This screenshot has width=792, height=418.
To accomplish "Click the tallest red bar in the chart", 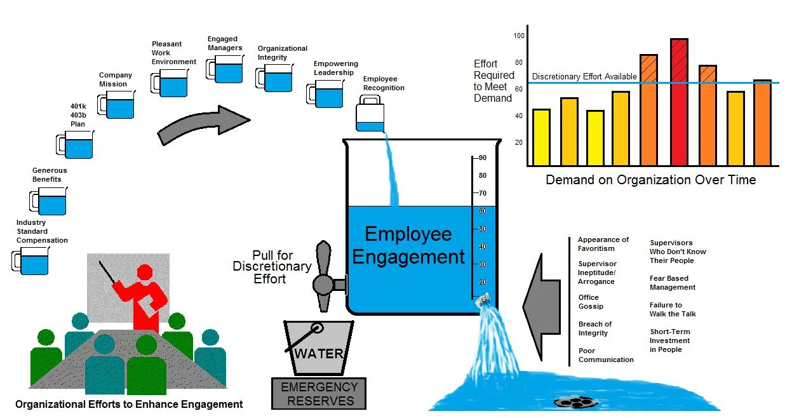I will point(679,102).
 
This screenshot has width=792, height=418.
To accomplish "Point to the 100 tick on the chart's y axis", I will point(519,36).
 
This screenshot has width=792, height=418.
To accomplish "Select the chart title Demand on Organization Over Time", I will point(650,180).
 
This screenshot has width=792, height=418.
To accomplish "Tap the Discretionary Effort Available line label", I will point(584,77).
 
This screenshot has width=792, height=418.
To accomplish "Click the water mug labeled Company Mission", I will point(118,105).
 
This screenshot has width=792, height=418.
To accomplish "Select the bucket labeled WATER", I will point(317,348).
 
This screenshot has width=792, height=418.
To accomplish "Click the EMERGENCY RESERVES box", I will point(319,394).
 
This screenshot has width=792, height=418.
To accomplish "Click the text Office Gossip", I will point(591,302).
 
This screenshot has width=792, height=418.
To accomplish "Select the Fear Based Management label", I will point(672,283).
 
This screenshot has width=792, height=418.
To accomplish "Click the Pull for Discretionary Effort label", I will point(272,267).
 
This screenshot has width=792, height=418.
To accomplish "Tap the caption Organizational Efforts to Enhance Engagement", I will point(129,404).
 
